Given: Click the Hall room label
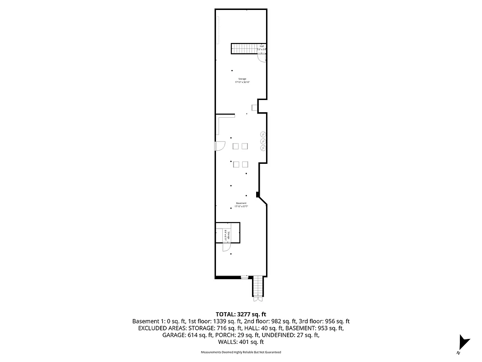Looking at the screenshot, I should click(x=262, y=47).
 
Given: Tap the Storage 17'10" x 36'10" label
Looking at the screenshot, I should click(x=242, y=81).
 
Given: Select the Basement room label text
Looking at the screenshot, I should click(x=241, y=205).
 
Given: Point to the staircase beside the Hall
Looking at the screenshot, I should click(x=243, y=48).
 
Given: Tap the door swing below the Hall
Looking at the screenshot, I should click(x=262, y=57).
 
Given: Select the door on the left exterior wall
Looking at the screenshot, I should click(x=220, y=146).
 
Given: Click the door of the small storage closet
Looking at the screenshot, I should click(x=226, y=247).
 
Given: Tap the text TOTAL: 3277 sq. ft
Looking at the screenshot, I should click(x=241, y=314).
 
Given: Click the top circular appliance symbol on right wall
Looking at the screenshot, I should click(x=263, y=134).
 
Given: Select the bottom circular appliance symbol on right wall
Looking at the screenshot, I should click(x=263, y=148).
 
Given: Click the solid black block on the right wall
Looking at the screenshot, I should click(x=257, y=195).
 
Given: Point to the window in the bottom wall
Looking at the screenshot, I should click(x=244, y=277).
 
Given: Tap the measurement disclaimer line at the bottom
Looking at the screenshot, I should click(x=241, y=352).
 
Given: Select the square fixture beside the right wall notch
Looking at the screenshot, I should click(x=254, y=107).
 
